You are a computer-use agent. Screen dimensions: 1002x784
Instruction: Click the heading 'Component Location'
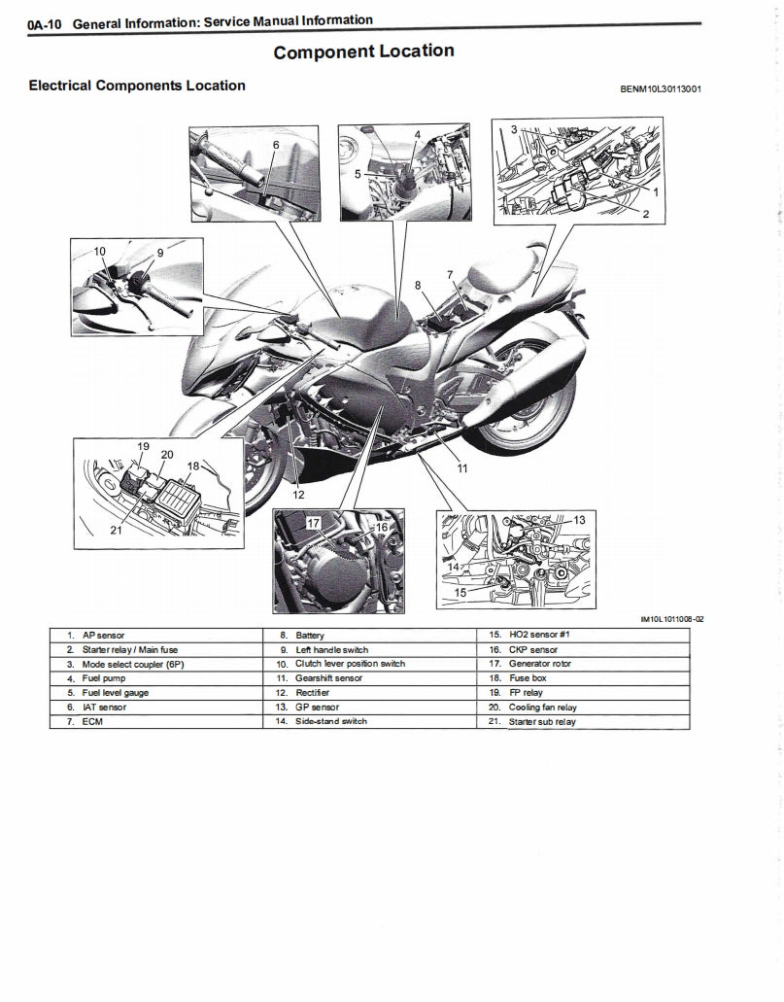363,52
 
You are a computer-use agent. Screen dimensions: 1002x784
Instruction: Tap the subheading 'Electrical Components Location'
137,86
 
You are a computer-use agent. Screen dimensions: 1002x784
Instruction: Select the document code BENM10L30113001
661,89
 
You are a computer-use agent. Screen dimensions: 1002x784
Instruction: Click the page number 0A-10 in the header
46,23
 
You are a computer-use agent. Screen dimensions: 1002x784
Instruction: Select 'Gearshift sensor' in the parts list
328,678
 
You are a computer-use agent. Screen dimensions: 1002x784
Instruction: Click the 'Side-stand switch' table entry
331,722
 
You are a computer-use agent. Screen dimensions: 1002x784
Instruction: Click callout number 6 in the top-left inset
276,145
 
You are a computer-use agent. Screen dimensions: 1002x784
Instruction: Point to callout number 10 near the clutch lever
99,252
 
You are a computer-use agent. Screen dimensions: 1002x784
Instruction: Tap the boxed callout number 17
313,523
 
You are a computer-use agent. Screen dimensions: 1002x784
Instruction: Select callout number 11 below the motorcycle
461,468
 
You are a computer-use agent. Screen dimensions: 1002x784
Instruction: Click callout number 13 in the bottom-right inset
579,520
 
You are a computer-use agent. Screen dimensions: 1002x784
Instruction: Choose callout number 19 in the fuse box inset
142,446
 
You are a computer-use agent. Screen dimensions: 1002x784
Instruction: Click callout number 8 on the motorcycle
418,286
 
